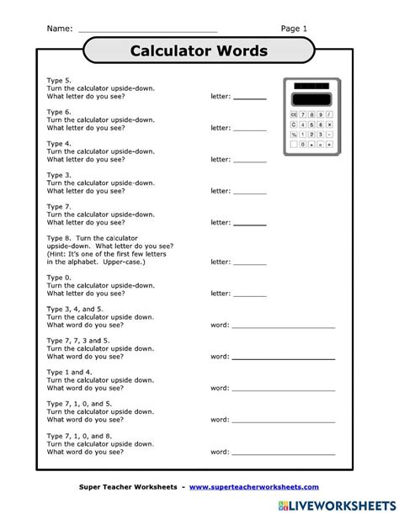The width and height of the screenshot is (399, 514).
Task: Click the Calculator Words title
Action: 199,51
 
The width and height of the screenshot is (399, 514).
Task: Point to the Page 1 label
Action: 294,29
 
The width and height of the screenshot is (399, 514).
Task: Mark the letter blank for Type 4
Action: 249,159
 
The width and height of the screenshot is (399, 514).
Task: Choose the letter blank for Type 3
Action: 249,191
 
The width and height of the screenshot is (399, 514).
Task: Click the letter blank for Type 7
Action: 249,223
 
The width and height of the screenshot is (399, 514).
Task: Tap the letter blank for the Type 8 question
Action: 249,262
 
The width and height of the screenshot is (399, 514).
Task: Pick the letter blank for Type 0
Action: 249,294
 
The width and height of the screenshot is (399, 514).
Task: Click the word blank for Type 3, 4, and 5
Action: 283,325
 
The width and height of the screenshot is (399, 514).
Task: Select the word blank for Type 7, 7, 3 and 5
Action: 283,357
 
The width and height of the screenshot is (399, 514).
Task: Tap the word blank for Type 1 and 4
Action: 283,388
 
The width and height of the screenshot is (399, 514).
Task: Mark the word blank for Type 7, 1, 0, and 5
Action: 283,420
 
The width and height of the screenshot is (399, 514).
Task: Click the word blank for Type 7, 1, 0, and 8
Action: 283,452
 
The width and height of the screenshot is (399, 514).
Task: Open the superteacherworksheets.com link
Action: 253,487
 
